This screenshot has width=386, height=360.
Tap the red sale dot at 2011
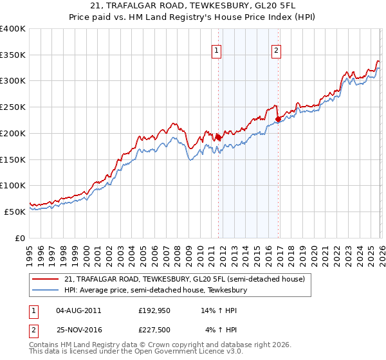point(218,137)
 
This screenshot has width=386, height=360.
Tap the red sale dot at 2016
point(278,119)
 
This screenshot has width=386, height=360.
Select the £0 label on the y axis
point(20,238)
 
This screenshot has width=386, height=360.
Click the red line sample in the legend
point(45,279)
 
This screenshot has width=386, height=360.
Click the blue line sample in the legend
point(45,290)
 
